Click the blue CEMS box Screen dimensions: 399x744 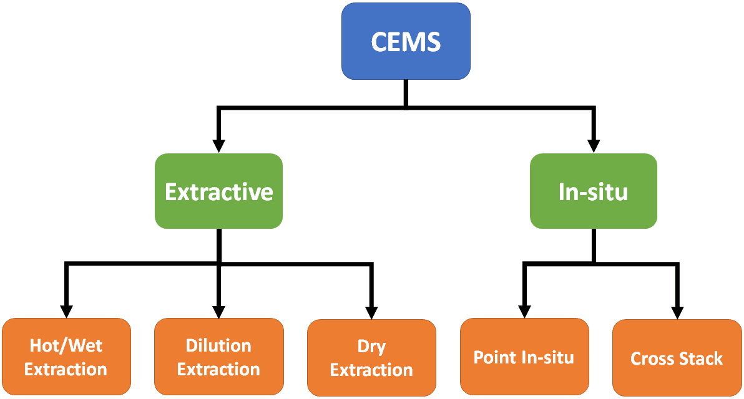pyautogui.click(x=406, y=41)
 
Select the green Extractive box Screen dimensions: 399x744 pyautogui.click(x=218, y=191)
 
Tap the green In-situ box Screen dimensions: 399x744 pyautogui.click(x=593, y=191)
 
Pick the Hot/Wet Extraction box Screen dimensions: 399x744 pyautogui.click(x=66, y=357)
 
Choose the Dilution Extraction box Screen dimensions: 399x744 pyautogui.click(x=218, y=357)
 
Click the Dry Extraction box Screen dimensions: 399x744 pyautogui.click(x=371, y=358)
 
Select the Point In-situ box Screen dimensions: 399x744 pyautogui.click(x=524, y=357)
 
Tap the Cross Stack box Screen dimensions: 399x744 pyautogui.click(x=677, y=358)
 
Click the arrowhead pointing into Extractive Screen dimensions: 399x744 pyautogui.click(x=218, y=146)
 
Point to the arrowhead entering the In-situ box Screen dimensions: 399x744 pyautogui.click(x=593, y=146)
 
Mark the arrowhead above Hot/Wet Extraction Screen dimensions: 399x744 pyautogui.click(x=66, y=310)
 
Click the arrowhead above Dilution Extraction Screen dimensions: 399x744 pyautogui.click(x=218, y=310)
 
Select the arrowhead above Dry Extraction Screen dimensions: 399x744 pyautogui.click(x=371, y=310)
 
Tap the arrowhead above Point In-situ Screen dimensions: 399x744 pyautogui.click(x=524, y=310)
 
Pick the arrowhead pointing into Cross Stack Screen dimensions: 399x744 pyautogui.click(x=677, y=310)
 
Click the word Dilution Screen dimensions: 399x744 pyautogui.click(x=218, y=345)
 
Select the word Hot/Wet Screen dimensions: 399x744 pyautogui.click(x=66, y=345)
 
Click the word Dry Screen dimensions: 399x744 pyautogui.click(x=371, y=347)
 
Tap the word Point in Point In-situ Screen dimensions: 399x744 pyautogui.click(x=494, y=357)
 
